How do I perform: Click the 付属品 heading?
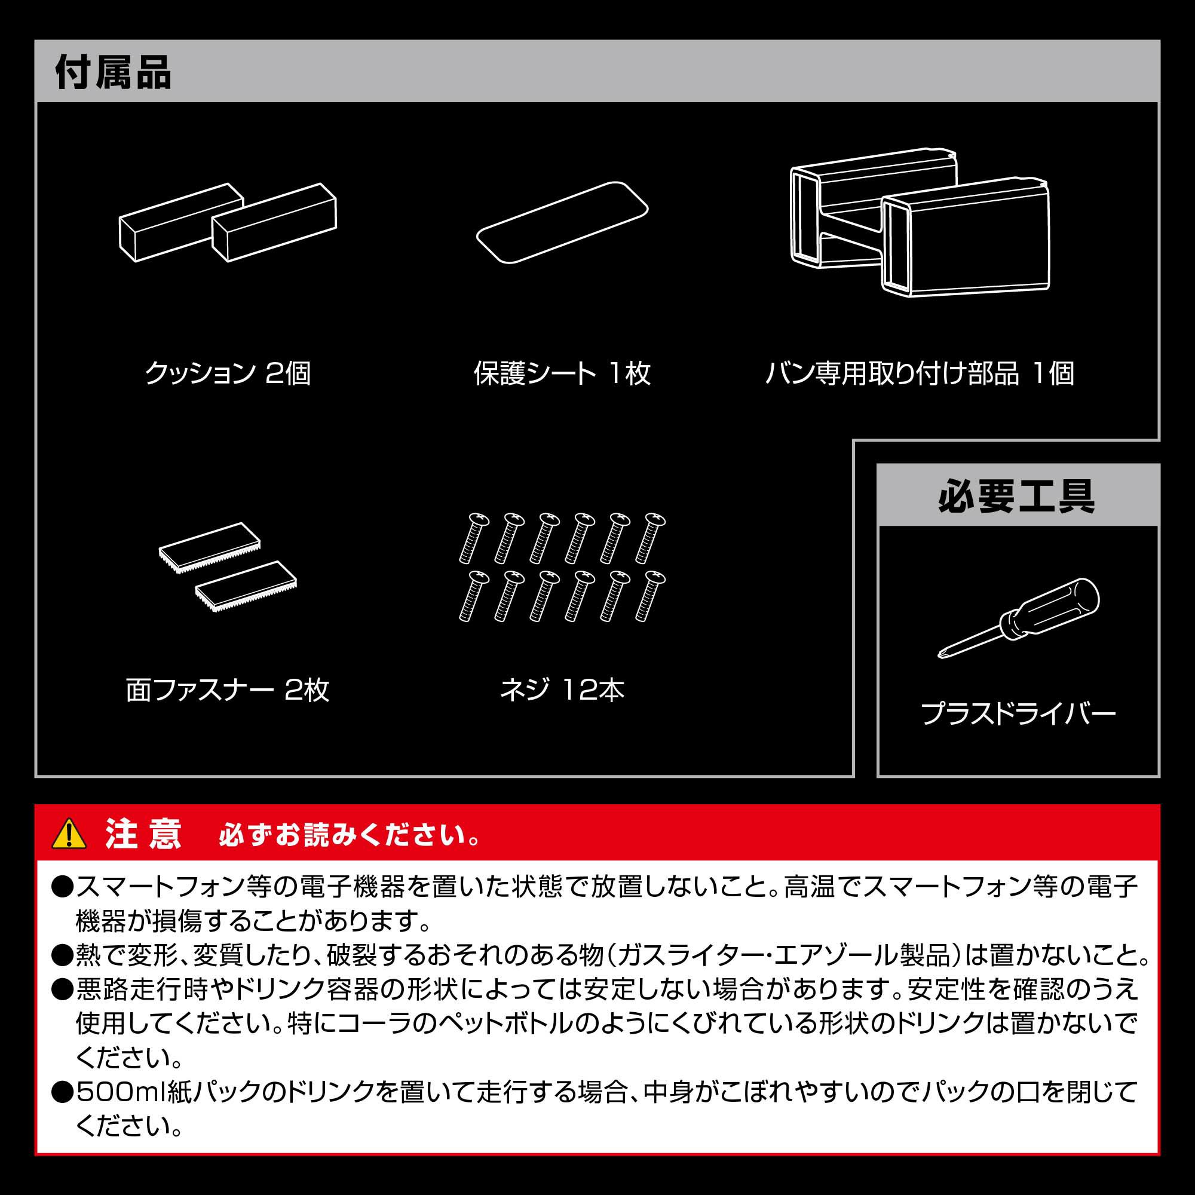tap(113, 72)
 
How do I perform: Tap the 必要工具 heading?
tap(1017, 495)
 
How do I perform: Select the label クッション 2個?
tap(228, 373)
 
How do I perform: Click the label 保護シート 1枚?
tap(562, 373)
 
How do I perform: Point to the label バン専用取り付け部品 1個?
tap(920, 373)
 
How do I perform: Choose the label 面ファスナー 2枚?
tap(228, 690)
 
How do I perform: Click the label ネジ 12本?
tap(562, 690)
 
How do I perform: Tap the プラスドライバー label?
tap(1018, 714)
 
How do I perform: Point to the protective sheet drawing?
tap(562, 223)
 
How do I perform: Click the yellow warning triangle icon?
tap(69, 833)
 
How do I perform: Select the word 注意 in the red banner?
tap(143, 834)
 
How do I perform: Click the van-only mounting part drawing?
tap(920, 223)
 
